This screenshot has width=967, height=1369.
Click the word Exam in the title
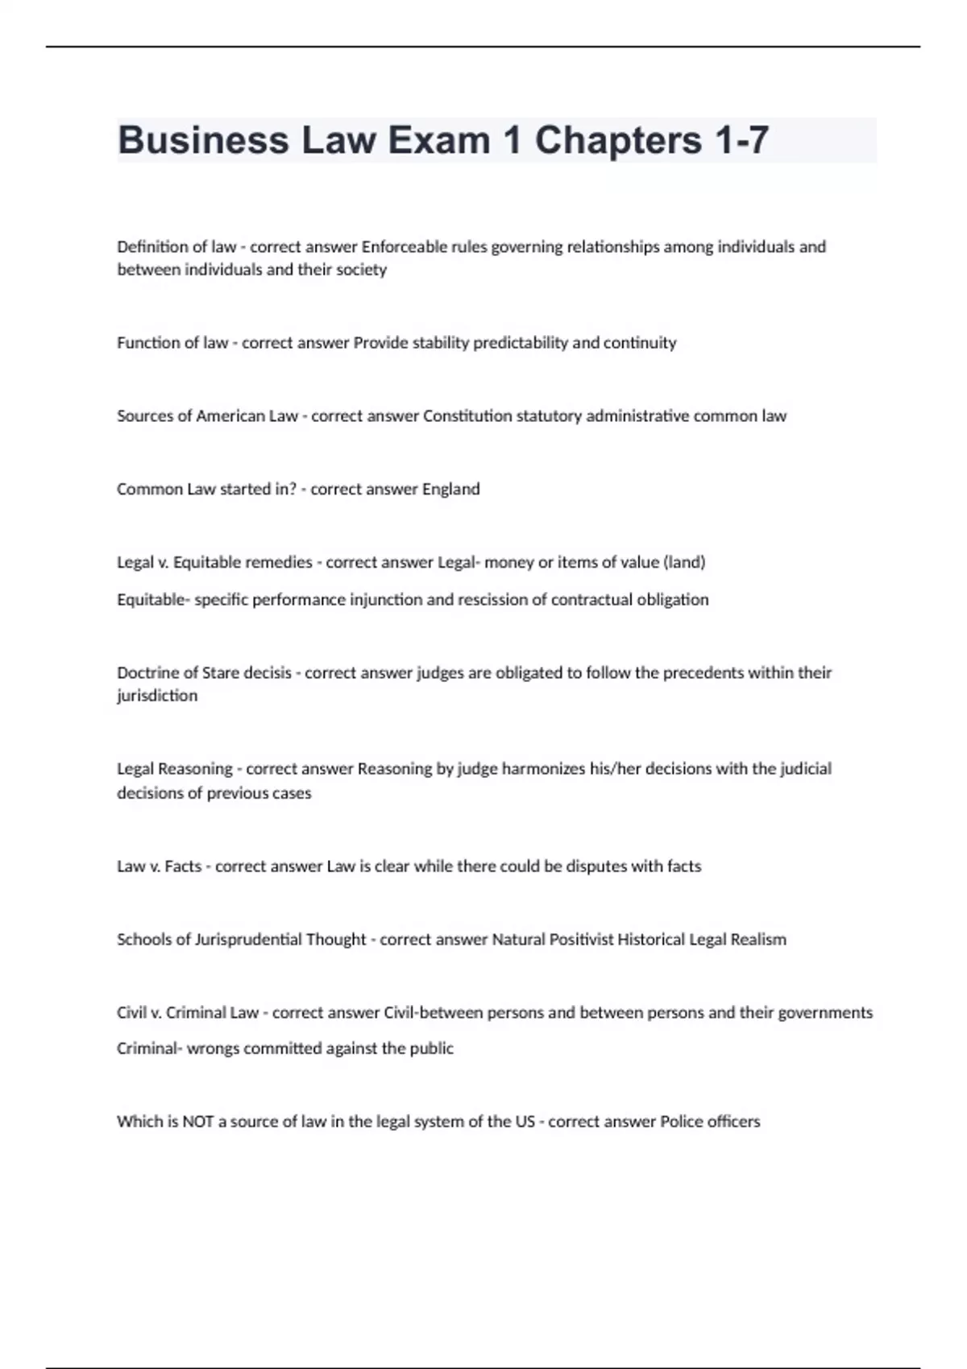click(438, 140)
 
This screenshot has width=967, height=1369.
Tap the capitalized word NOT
click(198, 1122)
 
